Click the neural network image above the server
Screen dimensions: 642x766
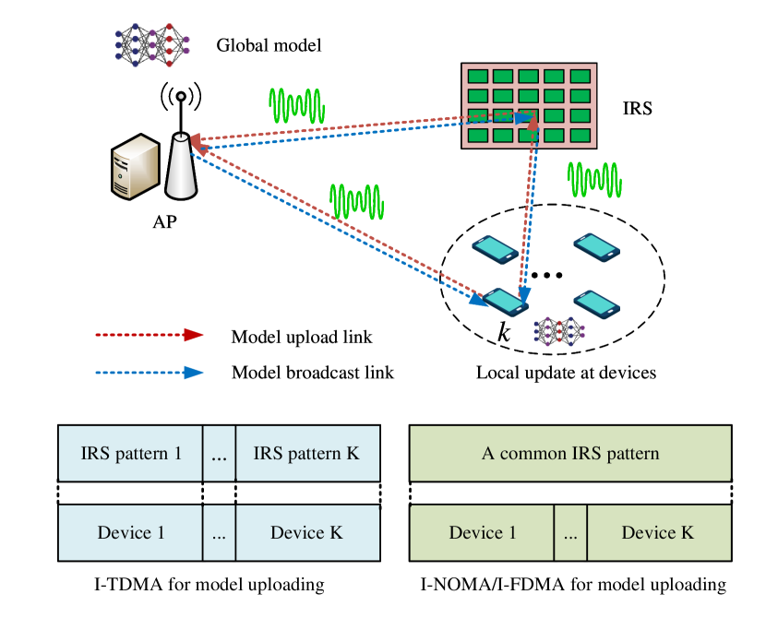159,44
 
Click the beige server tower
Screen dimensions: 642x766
135,167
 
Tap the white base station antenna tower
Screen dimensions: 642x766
181,167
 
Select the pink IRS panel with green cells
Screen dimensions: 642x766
529,105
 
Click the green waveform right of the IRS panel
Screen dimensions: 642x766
594,180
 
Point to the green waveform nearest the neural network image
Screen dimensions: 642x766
296,106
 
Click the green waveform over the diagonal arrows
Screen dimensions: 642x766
356,202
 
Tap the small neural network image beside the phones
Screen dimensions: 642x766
554,332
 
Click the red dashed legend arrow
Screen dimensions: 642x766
150,335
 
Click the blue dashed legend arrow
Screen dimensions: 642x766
150,373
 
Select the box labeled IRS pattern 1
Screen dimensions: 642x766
130,454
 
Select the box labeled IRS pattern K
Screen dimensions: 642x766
307,454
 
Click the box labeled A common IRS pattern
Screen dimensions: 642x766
570,454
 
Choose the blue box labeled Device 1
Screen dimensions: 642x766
130,533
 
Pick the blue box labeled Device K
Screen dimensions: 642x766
307,533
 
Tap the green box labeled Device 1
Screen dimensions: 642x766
482,533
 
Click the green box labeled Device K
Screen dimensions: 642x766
658,533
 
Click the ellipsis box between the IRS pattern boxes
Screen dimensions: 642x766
219,454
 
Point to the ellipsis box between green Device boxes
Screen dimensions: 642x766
570,533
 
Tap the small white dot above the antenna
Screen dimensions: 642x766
181,96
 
